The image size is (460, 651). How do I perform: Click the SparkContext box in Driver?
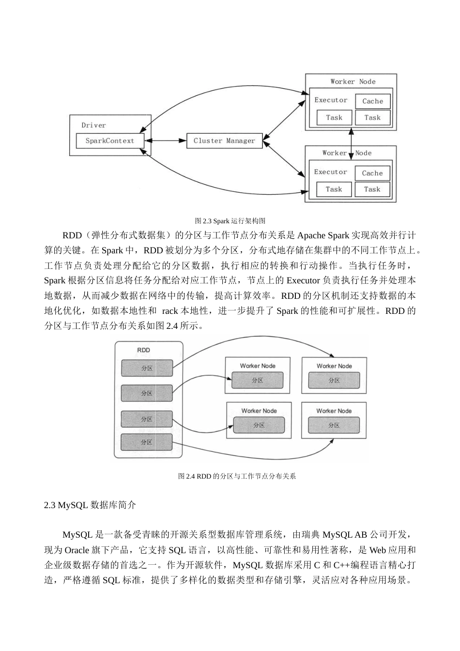coord(110,141)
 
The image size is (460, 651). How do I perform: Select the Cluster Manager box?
coord(224,141)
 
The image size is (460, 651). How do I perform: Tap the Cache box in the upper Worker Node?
coord(372,101)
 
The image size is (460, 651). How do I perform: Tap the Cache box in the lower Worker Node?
coord(372,173)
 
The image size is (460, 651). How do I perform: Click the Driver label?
coord(93,125)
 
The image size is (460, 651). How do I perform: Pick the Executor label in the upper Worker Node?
coord(331,100)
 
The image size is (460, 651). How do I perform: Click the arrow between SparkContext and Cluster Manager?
coord(166,141)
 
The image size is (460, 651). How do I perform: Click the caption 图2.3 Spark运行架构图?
coord(230,221)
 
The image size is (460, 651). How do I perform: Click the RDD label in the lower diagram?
coord(143,350)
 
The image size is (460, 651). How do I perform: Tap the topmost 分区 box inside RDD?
coord(147,368)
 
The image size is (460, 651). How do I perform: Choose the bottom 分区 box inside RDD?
coord(146,442)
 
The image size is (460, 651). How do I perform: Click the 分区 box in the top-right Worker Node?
coord(334,380)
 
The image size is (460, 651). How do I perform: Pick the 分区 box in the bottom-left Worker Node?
coord(259,425)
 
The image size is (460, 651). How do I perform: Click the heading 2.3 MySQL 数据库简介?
coord(90,505)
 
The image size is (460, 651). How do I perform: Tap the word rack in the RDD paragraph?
coord(170,311)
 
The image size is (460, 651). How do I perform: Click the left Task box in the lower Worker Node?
coord(334,189)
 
